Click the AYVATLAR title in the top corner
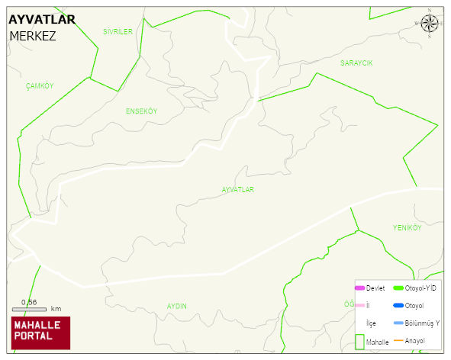42,20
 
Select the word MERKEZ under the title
32,36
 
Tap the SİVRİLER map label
118,31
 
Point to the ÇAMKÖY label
40,85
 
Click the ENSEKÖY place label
141,111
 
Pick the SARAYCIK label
356,63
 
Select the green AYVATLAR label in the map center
237,189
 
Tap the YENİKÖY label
407,228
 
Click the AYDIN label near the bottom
176,306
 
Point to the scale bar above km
29,310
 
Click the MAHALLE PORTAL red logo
40,333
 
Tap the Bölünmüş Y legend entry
421,323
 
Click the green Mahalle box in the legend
359,342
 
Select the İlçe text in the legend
371,323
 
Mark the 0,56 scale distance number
29,302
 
